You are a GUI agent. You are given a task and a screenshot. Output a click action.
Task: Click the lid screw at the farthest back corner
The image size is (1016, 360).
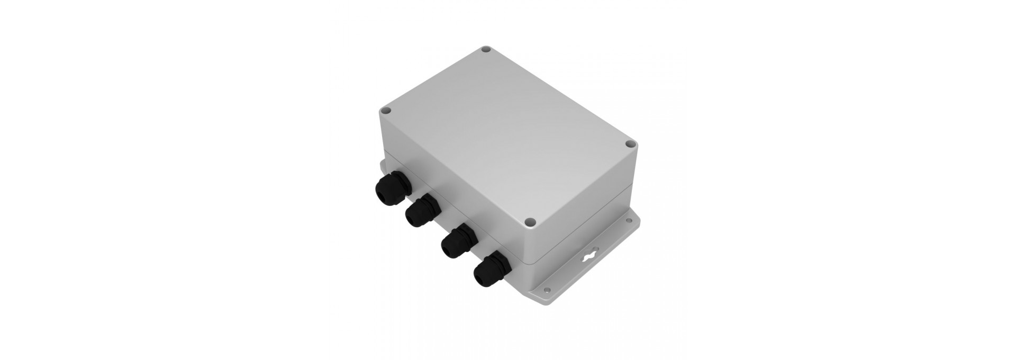click(x=485, y=51)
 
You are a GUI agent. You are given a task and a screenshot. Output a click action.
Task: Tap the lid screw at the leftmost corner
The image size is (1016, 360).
click(x=386, y=112)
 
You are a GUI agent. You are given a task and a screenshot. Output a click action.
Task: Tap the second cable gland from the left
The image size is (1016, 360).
click(x=421, y=210)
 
